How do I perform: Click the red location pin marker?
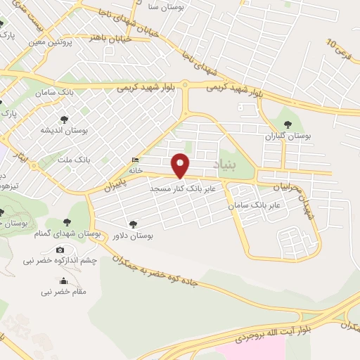(x=181, y=166)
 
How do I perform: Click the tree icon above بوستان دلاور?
(x=131, y=225)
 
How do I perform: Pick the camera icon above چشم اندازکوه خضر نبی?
(x=60, y=250)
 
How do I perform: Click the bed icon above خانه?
(x=135, y=160)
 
